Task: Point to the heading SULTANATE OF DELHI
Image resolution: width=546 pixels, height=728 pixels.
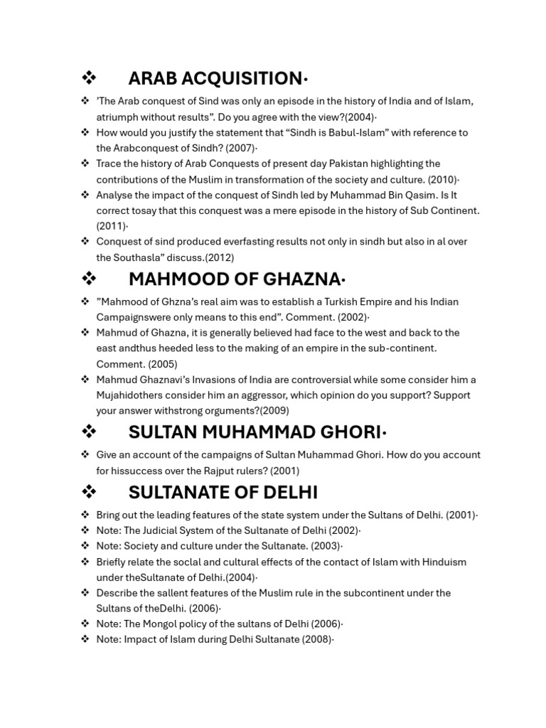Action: click(x=223, y=492)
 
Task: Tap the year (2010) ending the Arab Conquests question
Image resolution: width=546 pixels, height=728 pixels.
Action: click(x=441, y=179)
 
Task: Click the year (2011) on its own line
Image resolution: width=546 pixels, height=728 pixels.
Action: click(x=112, y=226)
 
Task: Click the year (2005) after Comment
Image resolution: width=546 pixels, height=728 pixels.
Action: click(x=163, y=364)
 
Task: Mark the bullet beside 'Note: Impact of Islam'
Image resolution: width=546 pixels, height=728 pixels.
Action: click(x=85, y=640)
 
